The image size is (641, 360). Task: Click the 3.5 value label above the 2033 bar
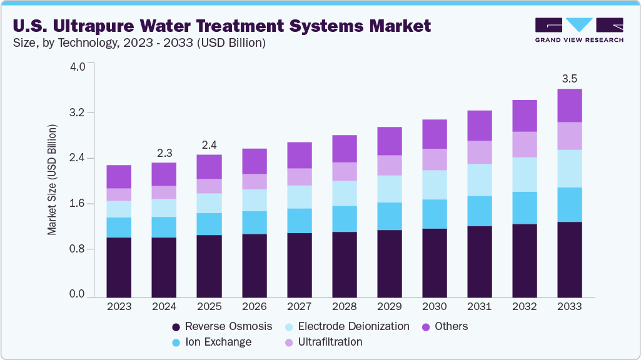tap(570, 79)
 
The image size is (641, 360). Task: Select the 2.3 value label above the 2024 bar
tap(164, 152)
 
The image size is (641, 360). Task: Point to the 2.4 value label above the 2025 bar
tap(209, 145)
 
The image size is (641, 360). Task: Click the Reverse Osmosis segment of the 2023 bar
tap(119, 267)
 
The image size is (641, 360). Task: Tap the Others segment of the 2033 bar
tap(570, 105)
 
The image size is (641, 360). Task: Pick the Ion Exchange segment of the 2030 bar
tap(435, 214)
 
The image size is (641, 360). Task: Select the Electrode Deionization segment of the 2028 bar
tap(345, 193)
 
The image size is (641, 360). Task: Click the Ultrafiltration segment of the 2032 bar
tap(525, 144)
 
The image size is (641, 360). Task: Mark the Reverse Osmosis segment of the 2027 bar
tap(300, 264)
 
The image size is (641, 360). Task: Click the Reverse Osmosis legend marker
tap(176, 327)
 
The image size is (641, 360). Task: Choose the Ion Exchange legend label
tap(218, 342)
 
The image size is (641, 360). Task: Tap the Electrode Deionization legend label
tap(353, 326)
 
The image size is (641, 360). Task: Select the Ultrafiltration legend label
tap(330, 342)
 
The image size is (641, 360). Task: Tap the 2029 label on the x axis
tap(389, 307)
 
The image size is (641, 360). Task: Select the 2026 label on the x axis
tap(254, 307)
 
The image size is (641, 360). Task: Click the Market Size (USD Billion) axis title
tap(53, 180)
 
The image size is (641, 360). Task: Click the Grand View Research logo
tap(579, 30)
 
